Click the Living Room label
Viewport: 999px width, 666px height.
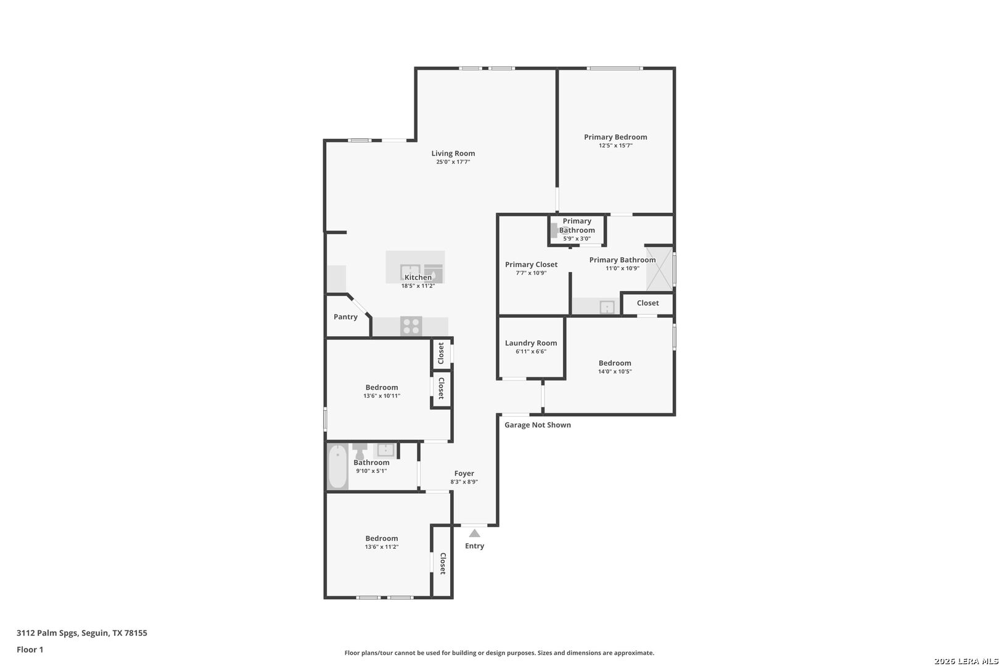click(x=453, y=153)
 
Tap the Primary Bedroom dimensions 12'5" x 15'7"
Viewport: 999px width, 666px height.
click(x=615, y=146)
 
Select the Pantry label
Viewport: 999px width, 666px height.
click(x=345, y=317)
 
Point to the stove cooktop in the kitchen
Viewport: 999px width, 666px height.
click(x=411, y=326)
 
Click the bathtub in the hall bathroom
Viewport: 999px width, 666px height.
click(x=337, y=467)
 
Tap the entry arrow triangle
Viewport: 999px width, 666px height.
click(x=475, y=533)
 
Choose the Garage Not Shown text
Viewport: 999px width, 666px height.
click(x=537, y=425)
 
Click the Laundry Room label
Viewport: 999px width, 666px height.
click(x=531, y=343)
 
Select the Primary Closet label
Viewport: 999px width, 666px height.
click(x=531, y=265)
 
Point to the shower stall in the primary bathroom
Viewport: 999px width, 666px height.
click(x=659, y=268)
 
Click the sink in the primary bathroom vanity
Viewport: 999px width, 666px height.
click(x=607, y=307)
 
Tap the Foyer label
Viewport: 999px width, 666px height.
click(x=464, y=474)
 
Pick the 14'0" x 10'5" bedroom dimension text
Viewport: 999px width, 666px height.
click(x=615, y=372)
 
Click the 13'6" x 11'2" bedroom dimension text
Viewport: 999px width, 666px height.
click(x=381, y=547)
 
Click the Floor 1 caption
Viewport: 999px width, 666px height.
click(x=30, y=649)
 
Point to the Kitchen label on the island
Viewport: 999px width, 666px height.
click(x=418, y=277)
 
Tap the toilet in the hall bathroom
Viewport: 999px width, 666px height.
click(x=360, y=450)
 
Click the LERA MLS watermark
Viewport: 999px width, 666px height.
click(x=966, y=661)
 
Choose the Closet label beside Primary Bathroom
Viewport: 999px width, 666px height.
click(x=647, y=303)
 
